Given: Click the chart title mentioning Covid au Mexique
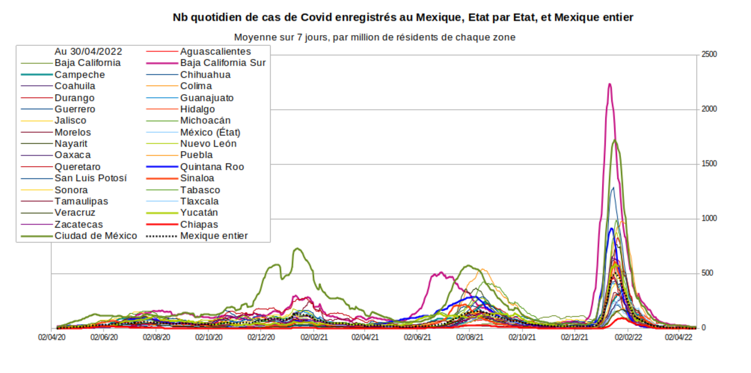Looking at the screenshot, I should [403, 18].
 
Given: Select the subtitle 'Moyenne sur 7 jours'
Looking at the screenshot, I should [374, 38].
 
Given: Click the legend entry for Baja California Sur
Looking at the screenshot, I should [223, 63].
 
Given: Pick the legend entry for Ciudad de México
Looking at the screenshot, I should [95, 236].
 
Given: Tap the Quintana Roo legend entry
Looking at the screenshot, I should [212, 167].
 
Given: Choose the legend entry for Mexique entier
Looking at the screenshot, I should [213, 236].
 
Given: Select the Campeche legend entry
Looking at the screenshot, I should [79, 75].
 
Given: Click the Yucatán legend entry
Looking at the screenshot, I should [199, 213].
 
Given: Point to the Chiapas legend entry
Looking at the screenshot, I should [199, 224].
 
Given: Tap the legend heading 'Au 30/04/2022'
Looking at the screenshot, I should [88, 51].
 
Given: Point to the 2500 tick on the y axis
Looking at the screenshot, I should [708, 55].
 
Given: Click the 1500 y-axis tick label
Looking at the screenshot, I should [708, 164].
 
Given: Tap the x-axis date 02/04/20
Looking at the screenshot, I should [52, 337].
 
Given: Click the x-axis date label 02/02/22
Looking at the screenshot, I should [628, 337].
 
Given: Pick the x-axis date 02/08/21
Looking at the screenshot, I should [470, 337].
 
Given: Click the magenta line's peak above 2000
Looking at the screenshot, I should [610, 84].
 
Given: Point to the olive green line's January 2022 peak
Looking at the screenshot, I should [615, 140].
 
